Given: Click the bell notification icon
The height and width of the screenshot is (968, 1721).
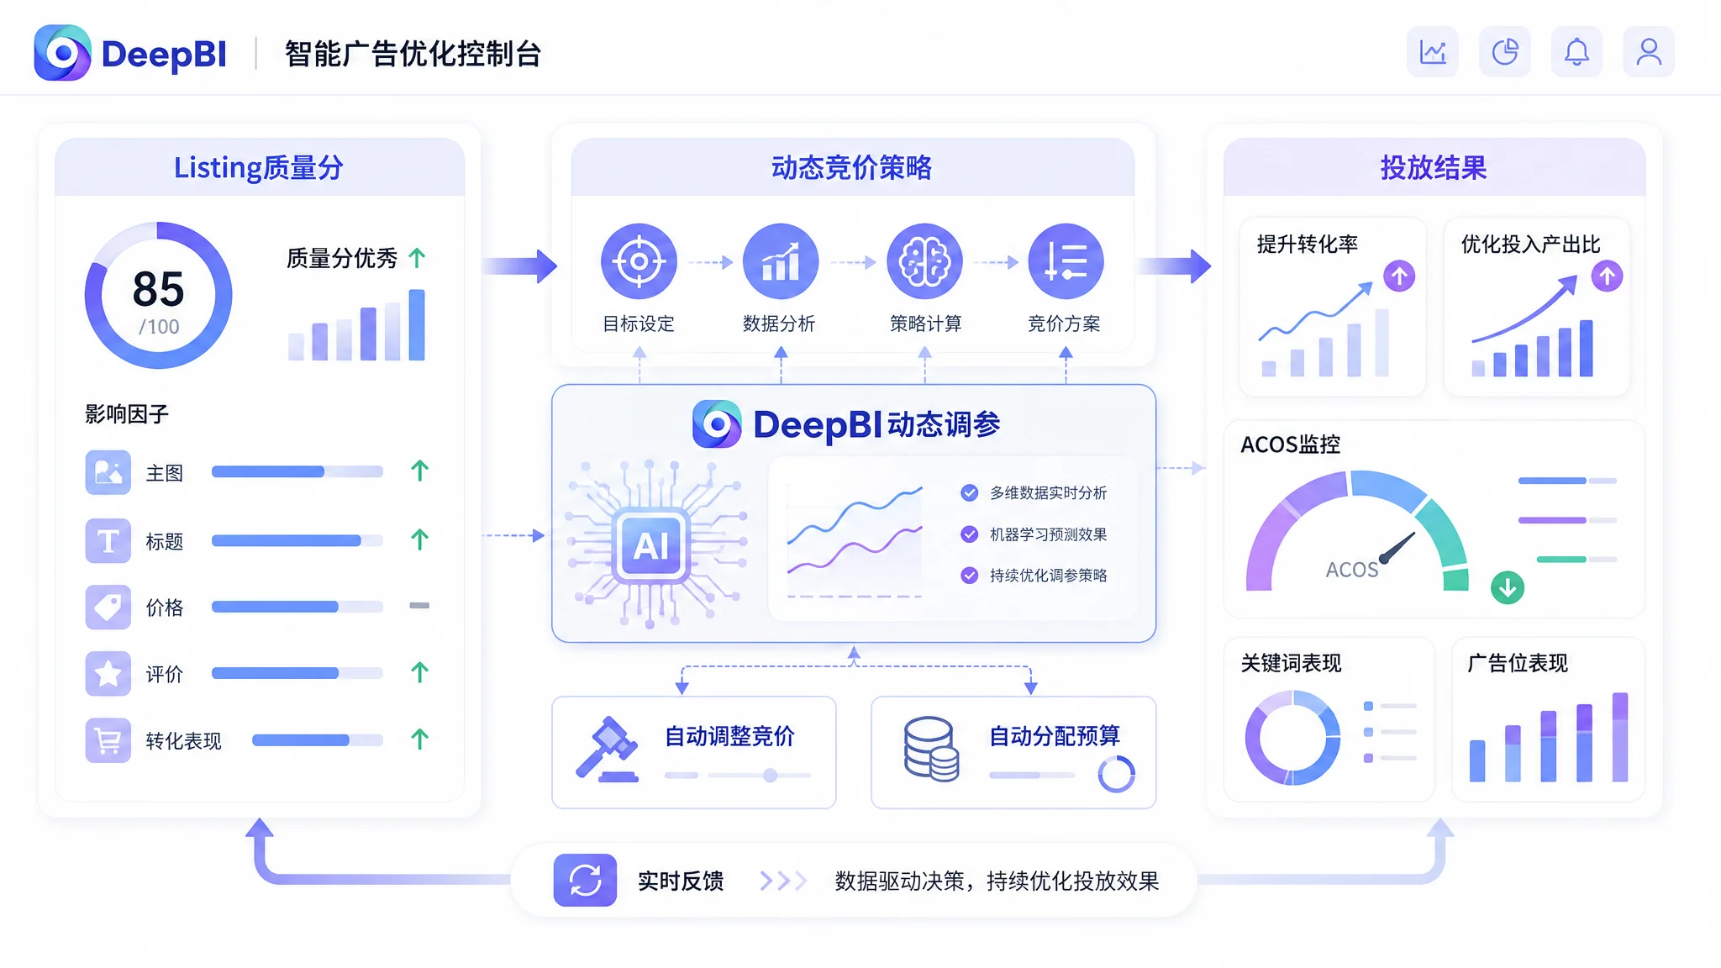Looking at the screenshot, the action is pos(1576,52).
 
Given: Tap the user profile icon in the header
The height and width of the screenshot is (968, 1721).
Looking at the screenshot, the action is pos(1649,52).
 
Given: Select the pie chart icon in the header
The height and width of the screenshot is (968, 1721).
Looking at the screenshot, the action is pos(1505,52).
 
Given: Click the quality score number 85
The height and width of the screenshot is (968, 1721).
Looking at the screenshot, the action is pos(158,289).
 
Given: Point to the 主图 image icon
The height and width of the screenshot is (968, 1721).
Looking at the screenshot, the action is pos(108,472).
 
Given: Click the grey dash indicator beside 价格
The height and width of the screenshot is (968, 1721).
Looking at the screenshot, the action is pos(419,605).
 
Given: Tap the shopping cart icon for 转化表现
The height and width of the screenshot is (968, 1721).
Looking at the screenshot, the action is pos(108,740).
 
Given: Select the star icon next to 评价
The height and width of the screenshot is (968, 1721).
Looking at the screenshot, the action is pos(108,673).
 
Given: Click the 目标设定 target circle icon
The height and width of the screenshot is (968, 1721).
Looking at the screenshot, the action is pos(639,261).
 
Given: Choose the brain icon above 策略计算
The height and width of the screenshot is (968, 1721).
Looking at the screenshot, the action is pos(924,261).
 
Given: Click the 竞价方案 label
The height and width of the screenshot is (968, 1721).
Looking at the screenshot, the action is pos(1064,324).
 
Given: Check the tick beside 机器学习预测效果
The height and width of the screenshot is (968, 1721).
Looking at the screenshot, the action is pos(970,534).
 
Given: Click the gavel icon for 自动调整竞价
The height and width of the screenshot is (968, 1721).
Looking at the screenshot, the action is pos(608,749).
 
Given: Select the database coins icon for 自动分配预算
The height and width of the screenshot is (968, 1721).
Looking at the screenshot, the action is pos(931,749).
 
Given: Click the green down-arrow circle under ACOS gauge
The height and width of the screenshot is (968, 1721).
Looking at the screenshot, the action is pos(1508,587).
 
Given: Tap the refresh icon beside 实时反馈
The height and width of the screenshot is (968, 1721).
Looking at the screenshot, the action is pos(585,881).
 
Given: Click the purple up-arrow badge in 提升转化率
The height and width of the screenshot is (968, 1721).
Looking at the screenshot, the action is pos(1399,276).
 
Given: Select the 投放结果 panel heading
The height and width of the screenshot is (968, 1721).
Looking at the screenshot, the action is pos(1434,167).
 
